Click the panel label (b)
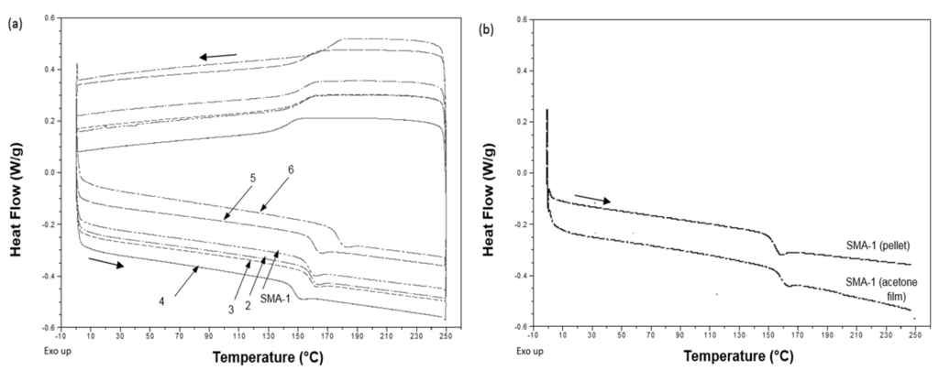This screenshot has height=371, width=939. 486,28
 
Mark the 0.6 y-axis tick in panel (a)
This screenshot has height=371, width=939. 55,17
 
